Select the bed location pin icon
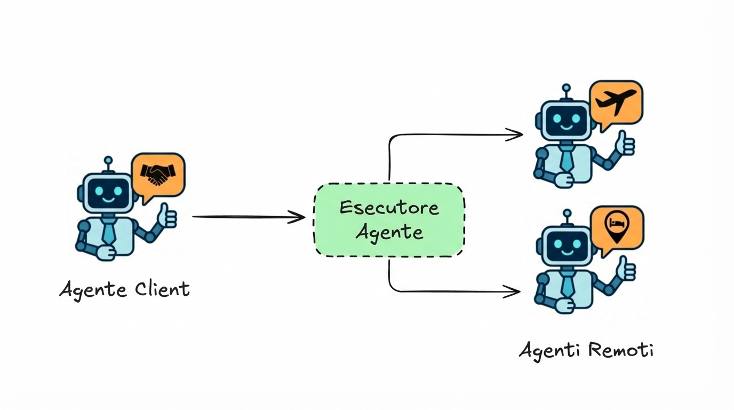point(617,225)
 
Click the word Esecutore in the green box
point(389,207)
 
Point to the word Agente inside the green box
point(389,232)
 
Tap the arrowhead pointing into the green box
point(298,217)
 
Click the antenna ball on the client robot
point(108,160)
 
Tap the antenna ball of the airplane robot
point(567,88)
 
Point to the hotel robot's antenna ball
point(567,214)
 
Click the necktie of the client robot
point(109,230)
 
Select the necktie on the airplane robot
point(567,159)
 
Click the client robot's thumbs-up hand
point(167,216)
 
